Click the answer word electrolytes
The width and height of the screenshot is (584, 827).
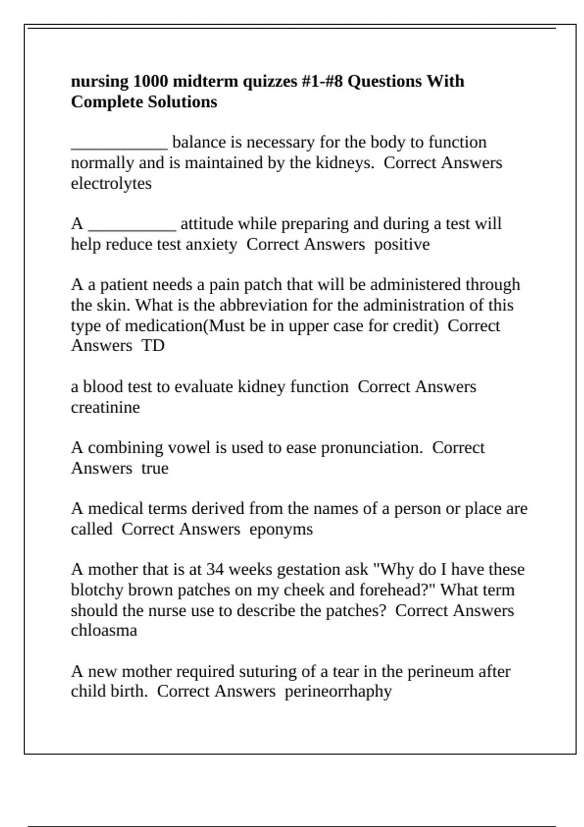[x=111, y=183]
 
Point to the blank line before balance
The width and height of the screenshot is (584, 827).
[x=119, y=146]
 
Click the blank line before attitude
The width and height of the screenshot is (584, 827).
[x=131, y=227]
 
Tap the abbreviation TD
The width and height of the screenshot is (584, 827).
[x=153, y=345]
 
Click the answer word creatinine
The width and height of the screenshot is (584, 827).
[x=105, y=407]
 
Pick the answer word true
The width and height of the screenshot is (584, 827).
[x=155, y=468]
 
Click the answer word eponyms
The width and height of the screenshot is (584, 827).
[x=281, y=529]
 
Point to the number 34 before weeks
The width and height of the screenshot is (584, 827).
[x=215, y=569]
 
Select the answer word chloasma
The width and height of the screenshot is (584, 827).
[x=104, y=630]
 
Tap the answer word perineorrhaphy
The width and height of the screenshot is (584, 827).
[x=338, y=691]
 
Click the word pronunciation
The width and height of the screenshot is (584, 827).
[x=372, y=448]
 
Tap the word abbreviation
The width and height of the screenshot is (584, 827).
[x=264, y=306]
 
